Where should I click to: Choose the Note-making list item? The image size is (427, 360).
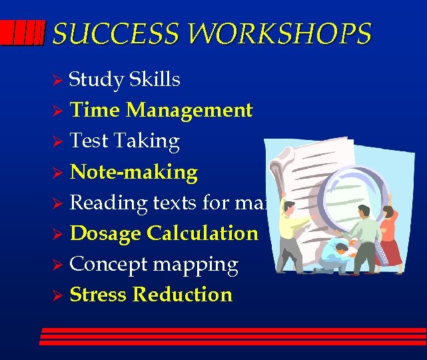click(x=133, y=173)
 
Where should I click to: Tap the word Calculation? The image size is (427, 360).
click(x=203, y=233)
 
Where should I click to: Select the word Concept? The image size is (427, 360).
click(x=109, y=265)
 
